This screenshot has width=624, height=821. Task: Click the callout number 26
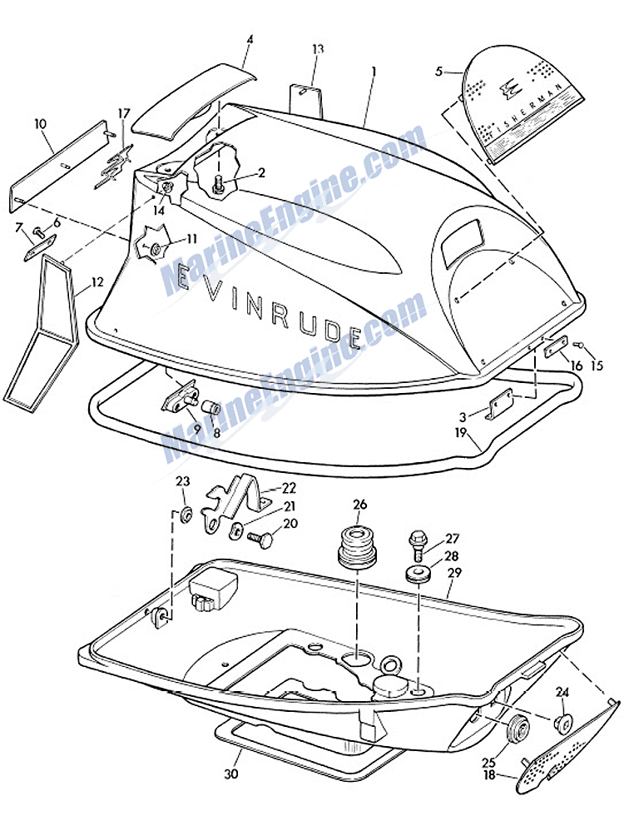359,504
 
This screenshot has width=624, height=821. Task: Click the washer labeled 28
418,575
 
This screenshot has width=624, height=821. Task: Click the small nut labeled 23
186,510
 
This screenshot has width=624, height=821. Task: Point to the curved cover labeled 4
190,101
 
